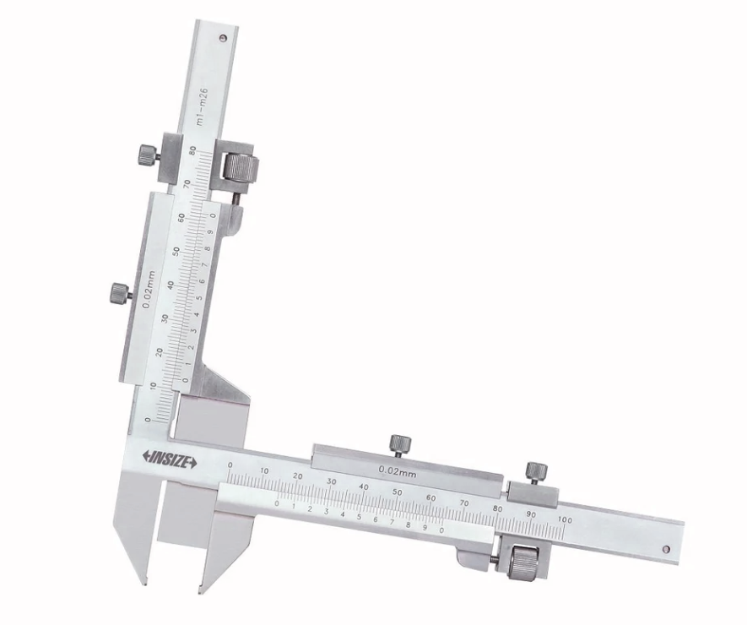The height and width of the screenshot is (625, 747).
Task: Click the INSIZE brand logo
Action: click(170, 458)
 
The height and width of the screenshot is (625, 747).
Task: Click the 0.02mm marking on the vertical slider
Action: click(150, 291)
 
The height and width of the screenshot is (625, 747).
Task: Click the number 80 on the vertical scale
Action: click(192, 151)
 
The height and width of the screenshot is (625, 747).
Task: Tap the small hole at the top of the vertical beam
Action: click(223, 38)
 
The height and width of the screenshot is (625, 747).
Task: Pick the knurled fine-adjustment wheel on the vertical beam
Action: click(241, 166)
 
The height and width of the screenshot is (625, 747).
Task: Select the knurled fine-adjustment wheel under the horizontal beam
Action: click(523, 561)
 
